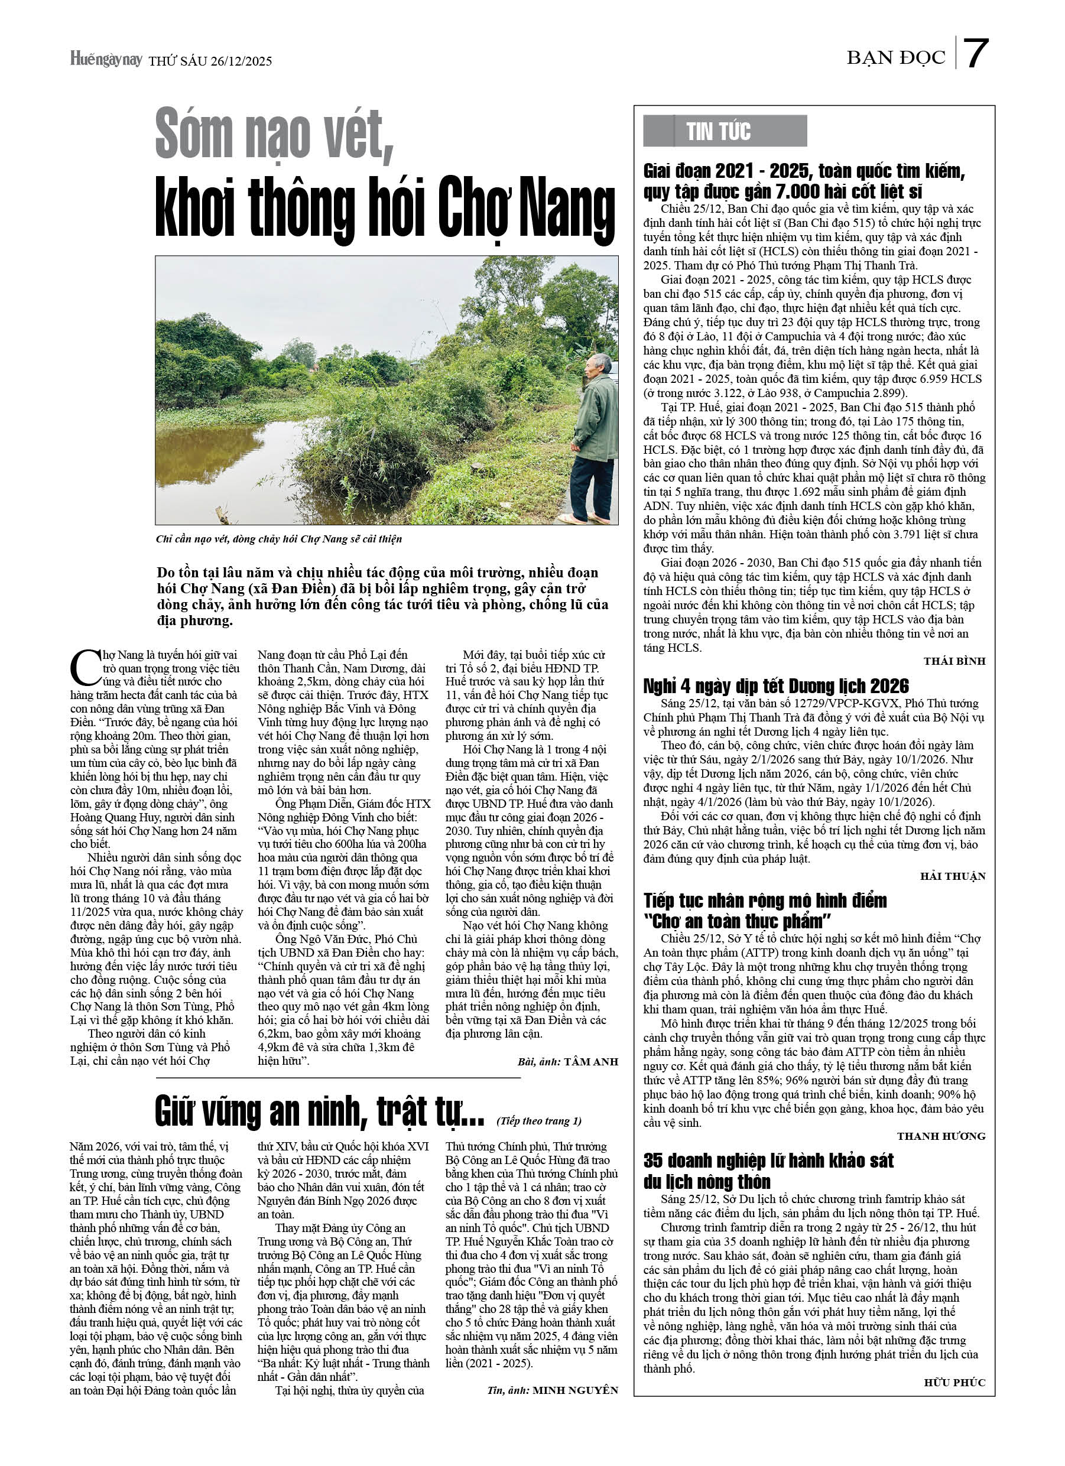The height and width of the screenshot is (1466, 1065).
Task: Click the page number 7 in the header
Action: click(976, 54)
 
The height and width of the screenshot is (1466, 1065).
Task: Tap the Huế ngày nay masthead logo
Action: click(106, 60)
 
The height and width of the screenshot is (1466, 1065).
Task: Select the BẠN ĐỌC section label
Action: click(895, 58)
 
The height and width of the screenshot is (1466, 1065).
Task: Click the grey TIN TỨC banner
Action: click(724, 131)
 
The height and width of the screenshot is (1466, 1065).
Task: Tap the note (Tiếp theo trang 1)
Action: click(538, 1121)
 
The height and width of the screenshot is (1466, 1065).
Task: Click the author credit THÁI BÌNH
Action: click(954, 661)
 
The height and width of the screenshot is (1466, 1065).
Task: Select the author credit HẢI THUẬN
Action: click(953, 876)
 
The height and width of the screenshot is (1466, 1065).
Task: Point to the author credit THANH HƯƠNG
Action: click(941, 1136)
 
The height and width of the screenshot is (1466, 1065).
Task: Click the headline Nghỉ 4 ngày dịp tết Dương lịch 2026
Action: click(776, 686)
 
